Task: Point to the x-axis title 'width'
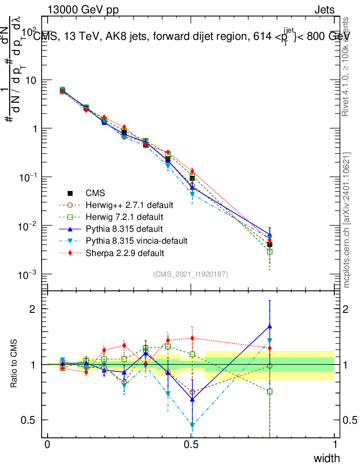[x=327, y=458]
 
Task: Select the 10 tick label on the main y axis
[x=33, y=80]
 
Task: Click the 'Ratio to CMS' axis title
[x=15, y=365]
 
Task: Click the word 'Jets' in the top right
[x=324, y=10]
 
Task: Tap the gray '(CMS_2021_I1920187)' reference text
[x=190, y=274]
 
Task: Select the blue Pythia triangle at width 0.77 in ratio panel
[x=270, y=326]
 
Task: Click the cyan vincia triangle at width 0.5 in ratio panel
[x=192, y=425]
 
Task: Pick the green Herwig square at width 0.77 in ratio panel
[x=270, y=392]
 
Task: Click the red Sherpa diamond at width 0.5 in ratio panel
[x=192, y=338]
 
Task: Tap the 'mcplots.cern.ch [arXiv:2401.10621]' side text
[x=347, y=220]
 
